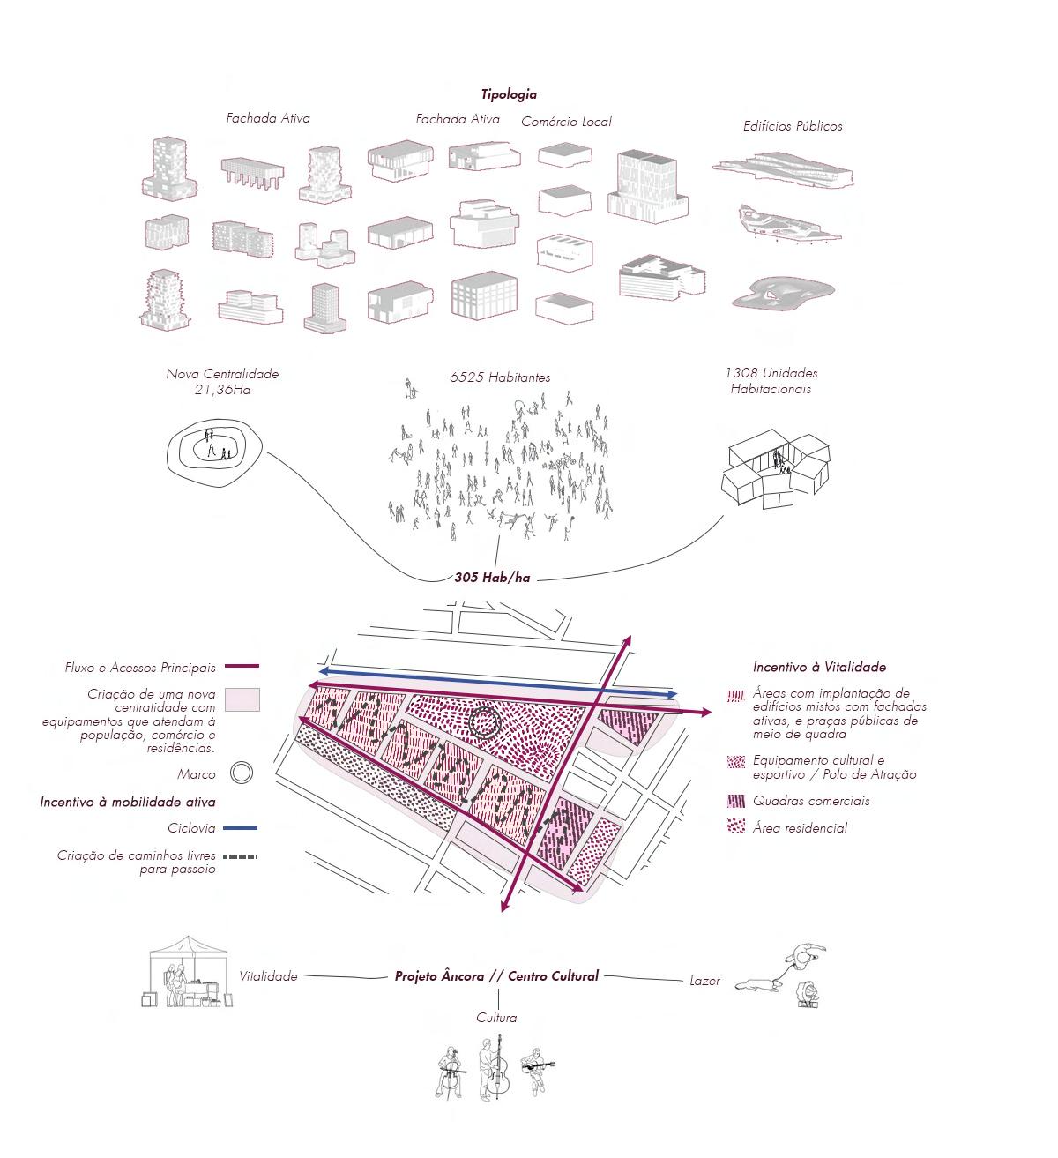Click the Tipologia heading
[509, 94]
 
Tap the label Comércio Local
[566, 122]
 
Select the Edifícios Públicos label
[793, 126]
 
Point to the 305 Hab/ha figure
[492, 578]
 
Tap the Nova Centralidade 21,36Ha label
[222, 381]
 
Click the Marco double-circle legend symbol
[242, 774]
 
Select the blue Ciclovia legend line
[240, 828]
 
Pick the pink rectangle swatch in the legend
[242, 700]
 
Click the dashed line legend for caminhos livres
[240, 856]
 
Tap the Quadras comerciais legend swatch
[736, 801]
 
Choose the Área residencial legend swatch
[736, 827]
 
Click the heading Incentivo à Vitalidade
[819, 668]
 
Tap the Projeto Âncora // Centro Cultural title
[496, 976]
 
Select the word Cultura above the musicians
[496, 1018]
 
